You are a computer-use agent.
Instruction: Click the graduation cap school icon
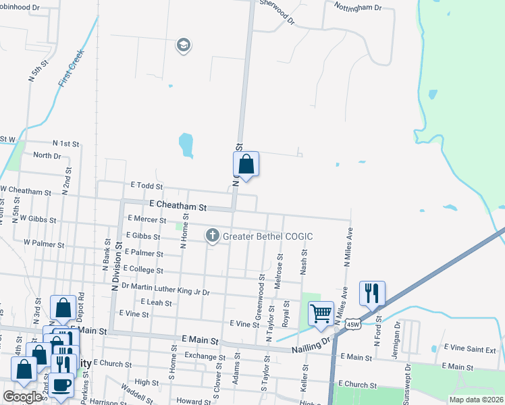coord(182,45)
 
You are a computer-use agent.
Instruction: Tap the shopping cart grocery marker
coord(321,313)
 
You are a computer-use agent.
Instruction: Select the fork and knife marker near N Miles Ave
coord(372,294)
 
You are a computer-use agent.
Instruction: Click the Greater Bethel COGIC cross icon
coord(212,235)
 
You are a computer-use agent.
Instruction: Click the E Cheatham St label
coord(178,203)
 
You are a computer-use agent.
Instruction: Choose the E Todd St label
coord(147,185)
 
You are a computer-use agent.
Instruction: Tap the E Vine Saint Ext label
coord(469,350)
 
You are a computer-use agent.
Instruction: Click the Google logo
coord(22,396)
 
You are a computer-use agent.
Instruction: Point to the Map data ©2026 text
coord(475,399)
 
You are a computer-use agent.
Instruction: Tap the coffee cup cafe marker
coord(62,385)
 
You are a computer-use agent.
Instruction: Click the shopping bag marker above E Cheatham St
coord(246,164)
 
